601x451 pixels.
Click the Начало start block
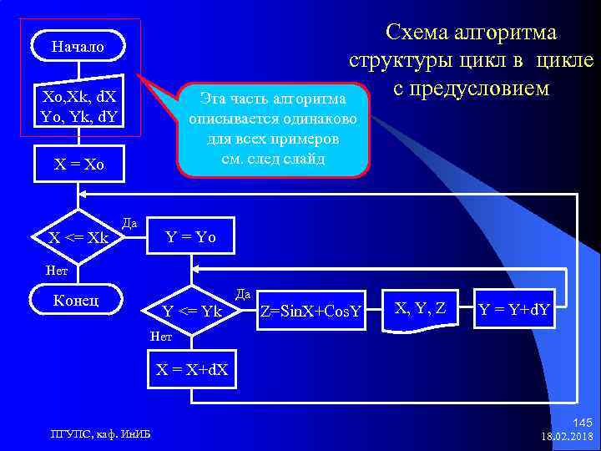78,46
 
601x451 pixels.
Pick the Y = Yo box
191,237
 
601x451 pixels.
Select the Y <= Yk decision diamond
191,312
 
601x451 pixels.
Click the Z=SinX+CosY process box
311,312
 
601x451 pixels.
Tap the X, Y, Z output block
419,310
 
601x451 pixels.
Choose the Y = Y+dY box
513,311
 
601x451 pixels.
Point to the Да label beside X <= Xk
129,223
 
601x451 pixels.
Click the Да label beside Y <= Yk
243,294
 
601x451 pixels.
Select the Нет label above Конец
57,270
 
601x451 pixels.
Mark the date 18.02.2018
567,437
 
